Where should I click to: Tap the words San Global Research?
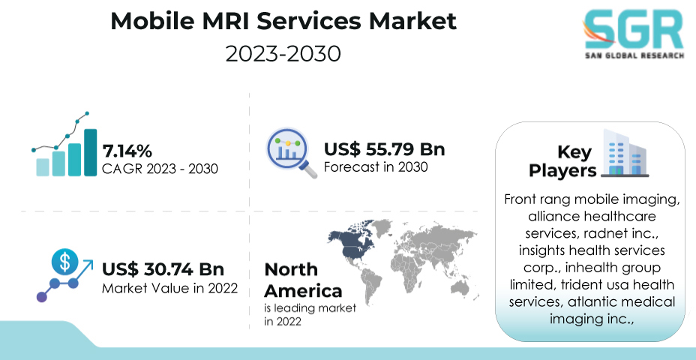634,55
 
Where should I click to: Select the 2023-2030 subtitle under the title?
283,54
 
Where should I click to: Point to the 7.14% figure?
127,151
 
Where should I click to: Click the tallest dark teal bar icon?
91,152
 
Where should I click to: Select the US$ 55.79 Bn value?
385,149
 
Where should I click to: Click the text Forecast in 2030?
376,167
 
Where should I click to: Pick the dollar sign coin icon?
64,262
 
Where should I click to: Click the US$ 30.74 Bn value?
163,269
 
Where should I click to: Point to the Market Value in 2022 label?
170,289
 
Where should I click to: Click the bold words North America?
303,280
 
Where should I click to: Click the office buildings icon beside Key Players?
625,153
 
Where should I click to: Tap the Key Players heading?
562,161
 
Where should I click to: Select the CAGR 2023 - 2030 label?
160,169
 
